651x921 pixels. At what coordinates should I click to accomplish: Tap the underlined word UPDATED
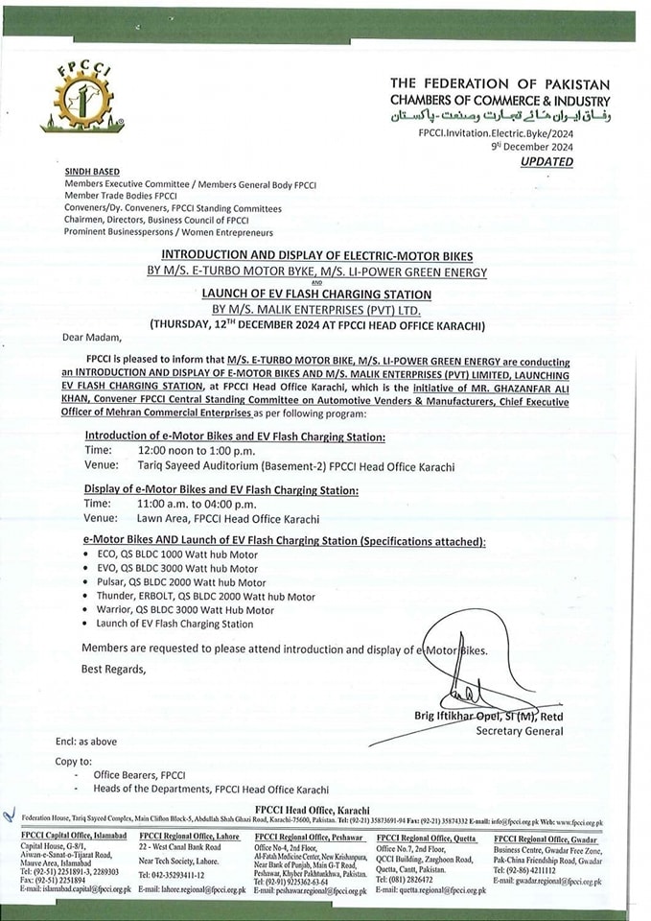point(546,162)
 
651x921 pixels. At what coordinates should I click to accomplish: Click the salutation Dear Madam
point(93,338)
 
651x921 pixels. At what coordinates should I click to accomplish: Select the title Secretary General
point(520,731)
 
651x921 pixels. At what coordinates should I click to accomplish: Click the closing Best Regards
point(113,669)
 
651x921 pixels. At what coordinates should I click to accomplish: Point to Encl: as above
point(85,742)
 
